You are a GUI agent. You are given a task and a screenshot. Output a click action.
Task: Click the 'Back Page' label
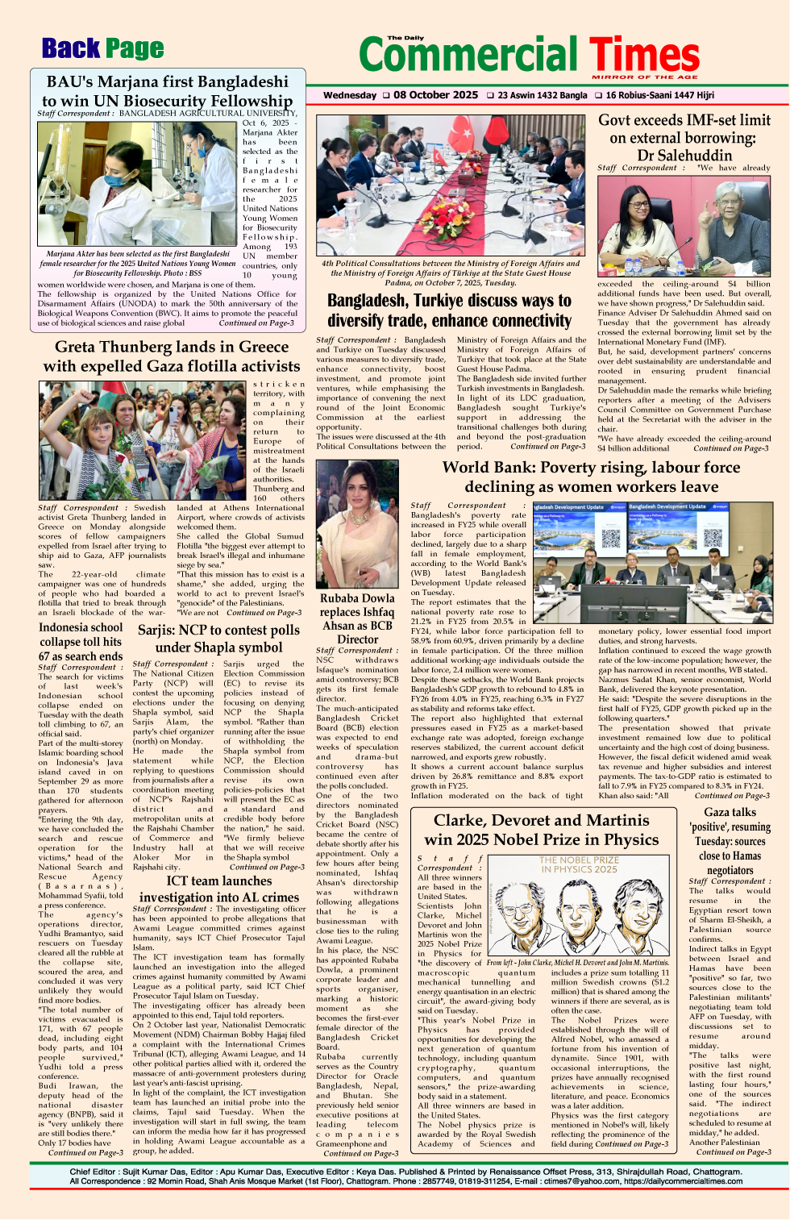[102, 49]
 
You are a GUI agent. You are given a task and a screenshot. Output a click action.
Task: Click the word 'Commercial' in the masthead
[472, 55]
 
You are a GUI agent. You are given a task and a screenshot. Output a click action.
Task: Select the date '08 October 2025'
[435, 95]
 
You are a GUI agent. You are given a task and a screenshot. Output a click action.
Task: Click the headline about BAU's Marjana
[167, 91]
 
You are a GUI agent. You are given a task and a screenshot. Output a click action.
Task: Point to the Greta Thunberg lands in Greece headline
[171, 356]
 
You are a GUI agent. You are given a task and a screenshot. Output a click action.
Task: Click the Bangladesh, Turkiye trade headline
[449, 310]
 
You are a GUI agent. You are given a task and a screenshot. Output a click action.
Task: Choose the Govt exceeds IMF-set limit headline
[684, 138]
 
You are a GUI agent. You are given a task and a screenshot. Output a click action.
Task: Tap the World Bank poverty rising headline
[591, 477]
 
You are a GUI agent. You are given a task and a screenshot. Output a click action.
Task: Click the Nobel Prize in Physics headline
[542, 830]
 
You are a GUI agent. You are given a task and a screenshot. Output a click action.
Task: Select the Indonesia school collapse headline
[81, 642]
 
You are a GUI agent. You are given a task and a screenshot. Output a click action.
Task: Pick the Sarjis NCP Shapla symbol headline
[218, 639]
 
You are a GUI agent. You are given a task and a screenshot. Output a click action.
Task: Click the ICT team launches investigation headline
[218, 889]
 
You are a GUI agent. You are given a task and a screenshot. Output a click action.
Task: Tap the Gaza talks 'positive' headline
[730, 841]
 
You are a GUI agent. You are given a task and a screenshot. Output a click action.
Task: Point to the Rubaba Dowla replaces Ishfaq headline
[357, 618]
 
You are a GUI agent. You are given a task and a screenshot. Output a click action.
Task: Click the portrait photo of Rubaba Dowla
[357, 524]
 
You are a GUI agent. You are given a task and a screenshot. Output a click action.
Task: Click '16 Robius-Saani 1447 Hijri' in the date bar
[659, 95]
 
